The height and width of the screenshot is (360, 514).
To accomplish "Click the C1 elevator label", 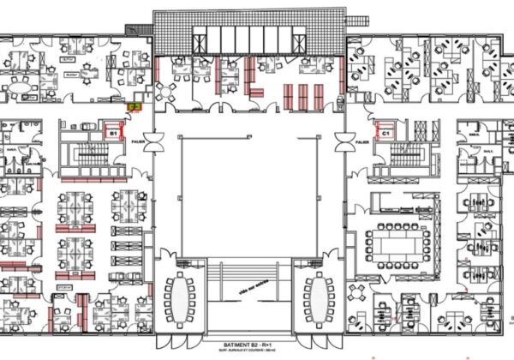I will tap(386, 133).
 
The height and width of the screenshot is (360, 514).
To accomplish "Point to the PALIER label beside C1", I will tap(360, 142).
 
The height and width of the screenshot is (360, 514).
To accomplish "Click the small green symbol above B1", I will tap(134, 105).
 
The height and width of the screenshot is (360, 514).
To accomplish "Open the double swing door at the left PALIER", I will tap(157, 142).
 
